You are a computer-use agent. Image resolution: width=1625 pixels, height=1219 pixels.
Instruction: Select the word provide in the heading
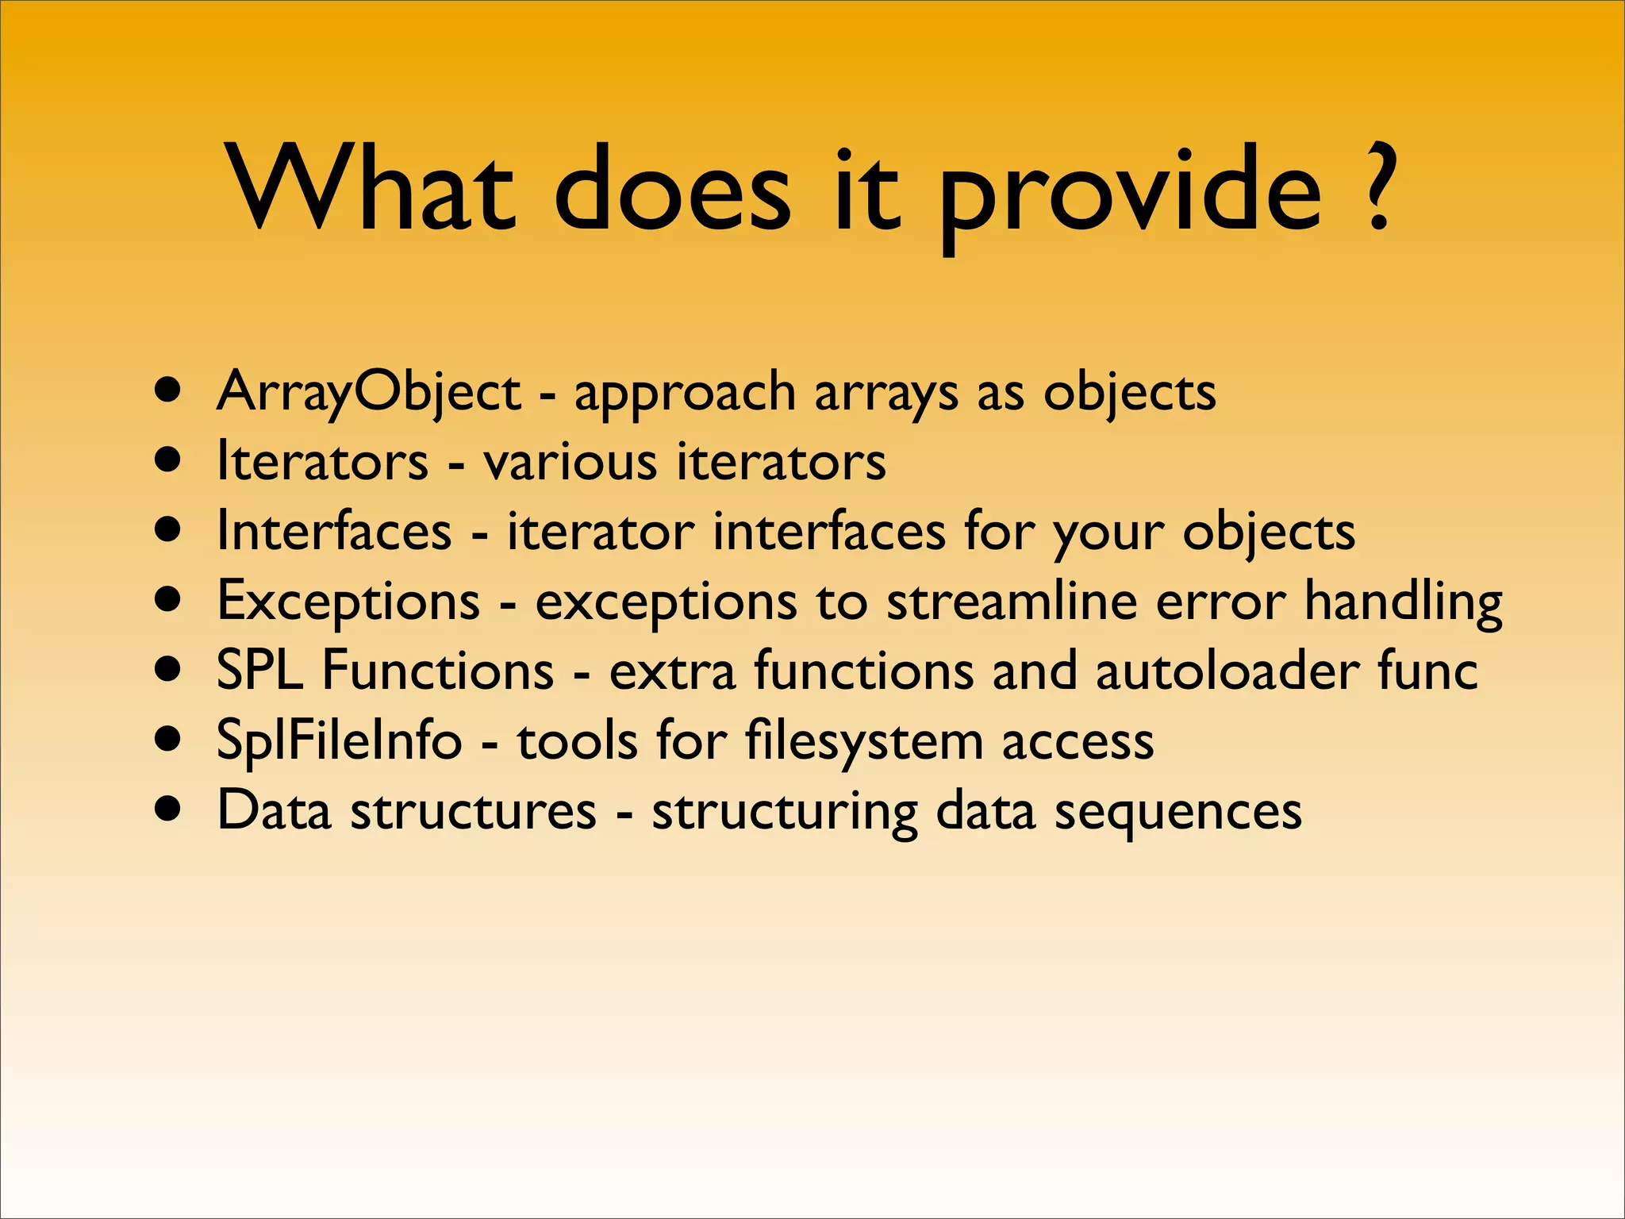[x=1130, y=194]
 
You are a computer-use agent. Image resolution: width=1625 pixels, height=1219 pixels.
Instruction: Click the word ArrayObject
[x=368, y=392]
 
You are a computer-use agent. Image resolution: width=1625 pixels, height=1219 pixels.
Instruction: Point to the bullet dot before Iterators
[x=168, y=460]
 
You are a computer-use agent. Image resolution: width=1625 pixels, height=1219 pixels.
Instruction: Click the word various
[x=570, y=462]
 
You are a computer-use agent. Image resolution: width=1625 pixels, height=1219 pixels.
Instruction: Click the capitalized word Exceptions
[x=348, y=602]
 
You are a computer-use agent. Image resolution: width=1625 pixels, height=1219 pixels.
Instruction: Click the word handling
[x=1403, y=602]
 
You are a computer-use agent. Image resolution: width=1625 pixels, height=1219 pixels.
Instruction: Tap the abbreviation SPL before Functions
[x=259, y=670]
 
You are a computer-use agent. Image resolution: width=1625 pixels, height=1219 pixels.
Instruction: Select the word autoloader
[x=1227, y=670]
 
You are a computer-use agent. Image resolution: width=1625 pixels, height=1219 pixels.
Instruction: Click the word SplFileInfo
[x=339, y=740]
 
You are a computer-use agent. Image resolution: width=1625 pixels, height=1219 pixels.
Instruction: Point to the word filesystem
[x=863, y=741]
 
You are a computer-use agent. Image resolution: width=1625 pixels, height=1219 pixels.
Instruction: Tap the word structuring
[x=784, y=811]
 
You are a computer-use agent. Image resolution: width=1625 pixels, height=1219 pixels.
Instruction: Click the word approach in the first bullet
[x=684, y=394]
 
